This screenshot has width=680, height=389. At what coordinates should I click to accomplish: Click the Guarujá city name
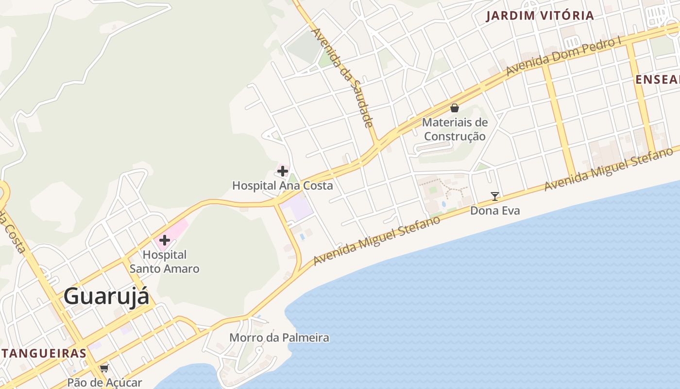pyautogui.click(x=106, y=296)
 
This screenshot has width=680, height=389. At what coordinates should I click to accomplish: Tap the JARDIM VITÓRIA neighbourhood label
pyautogui.click(x=540, y=16)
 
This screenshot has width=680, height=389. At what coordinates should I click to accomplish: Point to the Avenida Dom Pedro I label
pyautogui.click(x=563, y=56)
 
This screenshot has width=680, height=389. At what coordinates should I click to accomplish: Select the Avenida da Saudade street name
pyautogui.click(x=342, y=78)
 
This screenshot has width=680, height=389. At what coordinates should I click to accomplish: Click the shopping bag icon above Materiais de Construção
pyautogui.click(x=455, y=107)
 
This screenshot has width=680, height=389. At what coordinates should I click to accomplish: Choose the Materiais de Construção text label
pyautogui.click(x=455, y=129)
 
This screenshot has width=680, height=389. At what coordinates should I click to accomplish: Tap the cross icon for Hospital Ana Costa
pyautogui.click(x=283, y=171)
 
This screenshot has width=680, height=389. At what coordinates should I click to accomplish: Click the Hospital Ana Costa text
pyautogui.click(x=282, y=186)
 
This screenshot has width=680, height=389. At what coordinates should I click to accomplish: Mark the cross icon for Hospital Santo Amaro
pyautogui.click(x=165, y=240)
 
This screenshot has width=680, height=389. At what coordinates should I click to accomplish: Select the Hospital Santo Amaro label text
pyautogui.click(x=165, y=262)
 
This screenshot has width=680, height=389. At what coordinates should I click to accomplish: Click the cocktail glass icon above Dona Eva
pyautogui.click(x=495, y=196)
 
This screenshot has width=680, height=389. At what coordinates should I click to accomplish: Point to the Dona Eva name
pyautogui.click(x=495, y=211)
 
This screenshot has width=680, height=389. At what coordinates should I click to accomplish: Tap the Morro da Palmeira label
pyautogui.click(x=279, y=337)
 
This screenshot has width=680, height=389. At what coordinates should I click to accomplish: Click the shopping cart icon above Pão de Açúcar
pyautogui.click(x=104, y=369)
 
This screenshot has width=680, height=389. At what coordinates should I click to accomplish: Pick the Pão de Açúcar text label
pyautogui.click(x=104, y=383)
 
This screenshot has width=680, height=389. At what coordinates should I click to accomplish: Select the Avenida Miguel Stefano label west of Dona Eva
pyautogui.click(x=376, y=241)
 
